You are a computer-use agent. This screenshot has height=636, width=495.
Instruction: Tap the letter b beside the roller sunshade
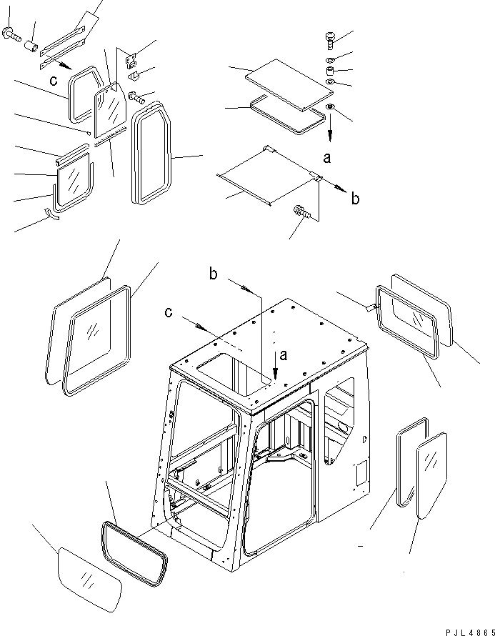(x=355, y=199)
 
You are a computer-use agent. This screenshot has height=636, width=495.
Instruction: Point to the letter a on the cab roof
(x=285, y=354)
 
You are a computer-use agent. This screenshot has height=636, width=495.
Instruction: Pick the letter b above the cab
(x=214, y=273)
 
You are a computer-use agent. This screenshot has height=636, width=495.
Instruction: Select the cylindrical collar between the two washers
(x=330, y=73)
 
